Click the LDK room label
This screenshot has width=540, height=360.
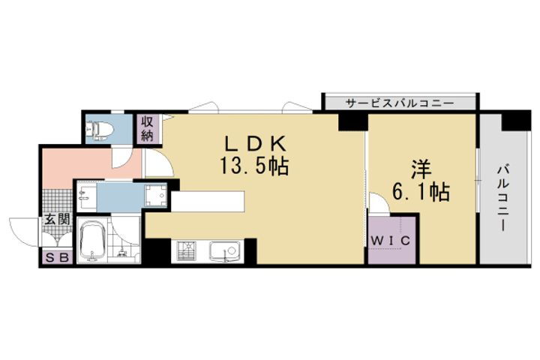[x=255, y=144]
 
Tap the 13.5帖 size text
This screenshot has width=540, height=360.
[x=254, y=166]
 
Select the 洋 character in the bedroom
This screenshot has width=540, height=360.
[x=421, y=169]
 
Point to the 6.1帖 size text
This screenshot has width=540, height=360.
[x=421, y=192]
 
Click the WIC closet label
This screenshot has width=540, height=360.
[x=391, y=241]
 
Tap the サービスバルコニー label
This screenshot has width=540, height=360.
[x=400, y=103]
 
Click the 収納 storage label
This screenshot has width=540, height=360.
[x=147, y=128]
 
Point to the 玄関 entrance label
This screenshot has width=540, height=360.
[x=57, y=220]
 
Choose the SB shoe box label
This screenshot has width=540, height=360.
[x=57, y=257]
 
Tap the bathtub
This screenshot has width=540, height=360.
[x=92, y=240]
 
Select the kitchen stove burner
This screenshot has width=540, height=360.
[x=186, y=250]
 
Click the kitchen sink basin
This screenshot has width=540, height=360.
[x=225, y=251]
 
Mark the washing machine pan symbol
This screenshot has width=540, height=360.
[x=155, y=195]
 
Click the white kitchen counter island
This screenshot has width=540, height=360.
[x=208, y=201]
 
